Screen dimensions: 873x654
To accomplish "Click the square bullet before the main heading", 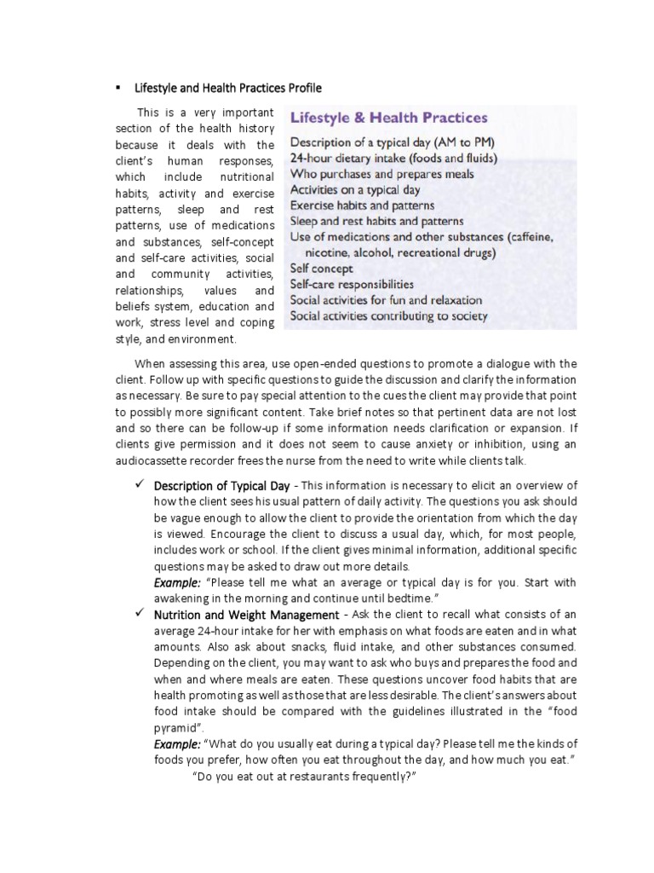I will (118, 88).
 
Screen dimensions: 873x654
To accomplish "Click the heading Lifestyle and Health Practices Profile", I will (229, 88).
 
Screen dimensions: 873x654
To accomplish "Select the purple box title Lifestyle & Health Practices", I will (389, 118).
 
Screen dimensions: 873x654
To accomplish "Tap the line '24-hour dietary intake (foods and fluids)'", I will (394, 158).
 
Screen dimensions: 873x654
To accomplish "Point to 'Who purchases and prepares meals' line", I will (382, 174).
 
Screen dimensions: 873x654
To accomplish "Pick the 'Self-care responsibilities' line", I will (352, 284).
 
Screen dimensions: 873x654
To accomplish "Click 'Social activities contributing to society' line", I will (389, 315).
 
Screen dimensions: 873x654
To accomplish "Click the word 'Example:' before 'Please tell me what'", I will (177, 582).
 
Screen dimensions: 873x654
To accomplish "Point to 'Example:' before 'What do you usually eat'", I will (177, 744).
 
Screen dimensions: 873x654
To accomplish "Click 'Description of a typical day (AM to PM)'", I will (392, 142).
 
